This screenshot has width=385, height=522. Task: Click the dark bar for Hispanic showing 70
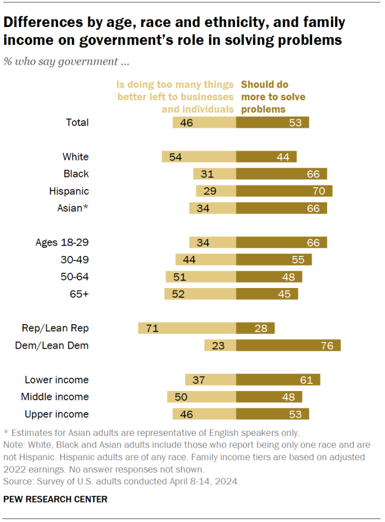tap(284, 191)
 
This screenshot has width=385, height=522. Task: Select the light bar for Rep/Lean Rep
tap(187, 328)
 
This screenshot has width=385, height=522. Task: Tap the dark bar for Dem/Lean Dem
tap(288, 346)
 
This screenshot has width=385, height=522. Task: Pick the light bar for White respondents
tap(198, 156)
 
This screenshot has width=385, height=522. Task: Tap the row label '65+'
tap(80, 294)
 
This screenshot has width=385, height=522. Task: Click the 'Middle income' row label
tap(55, 397)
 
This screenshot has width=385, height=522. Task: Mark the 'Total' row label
tap(78, 122)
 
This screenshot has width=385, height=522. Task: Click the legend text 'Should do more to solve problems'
tap(270, 97)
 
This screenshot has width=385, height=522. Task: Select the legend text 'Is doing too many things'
tap(175, 85)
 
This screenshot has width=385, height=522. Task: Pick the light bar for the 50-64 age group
tap(200, 277)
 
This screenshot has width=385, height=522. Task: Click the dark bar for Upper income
tap(272, 414)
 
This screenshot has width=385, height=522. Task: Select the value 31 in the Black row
tap(207, 174)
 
